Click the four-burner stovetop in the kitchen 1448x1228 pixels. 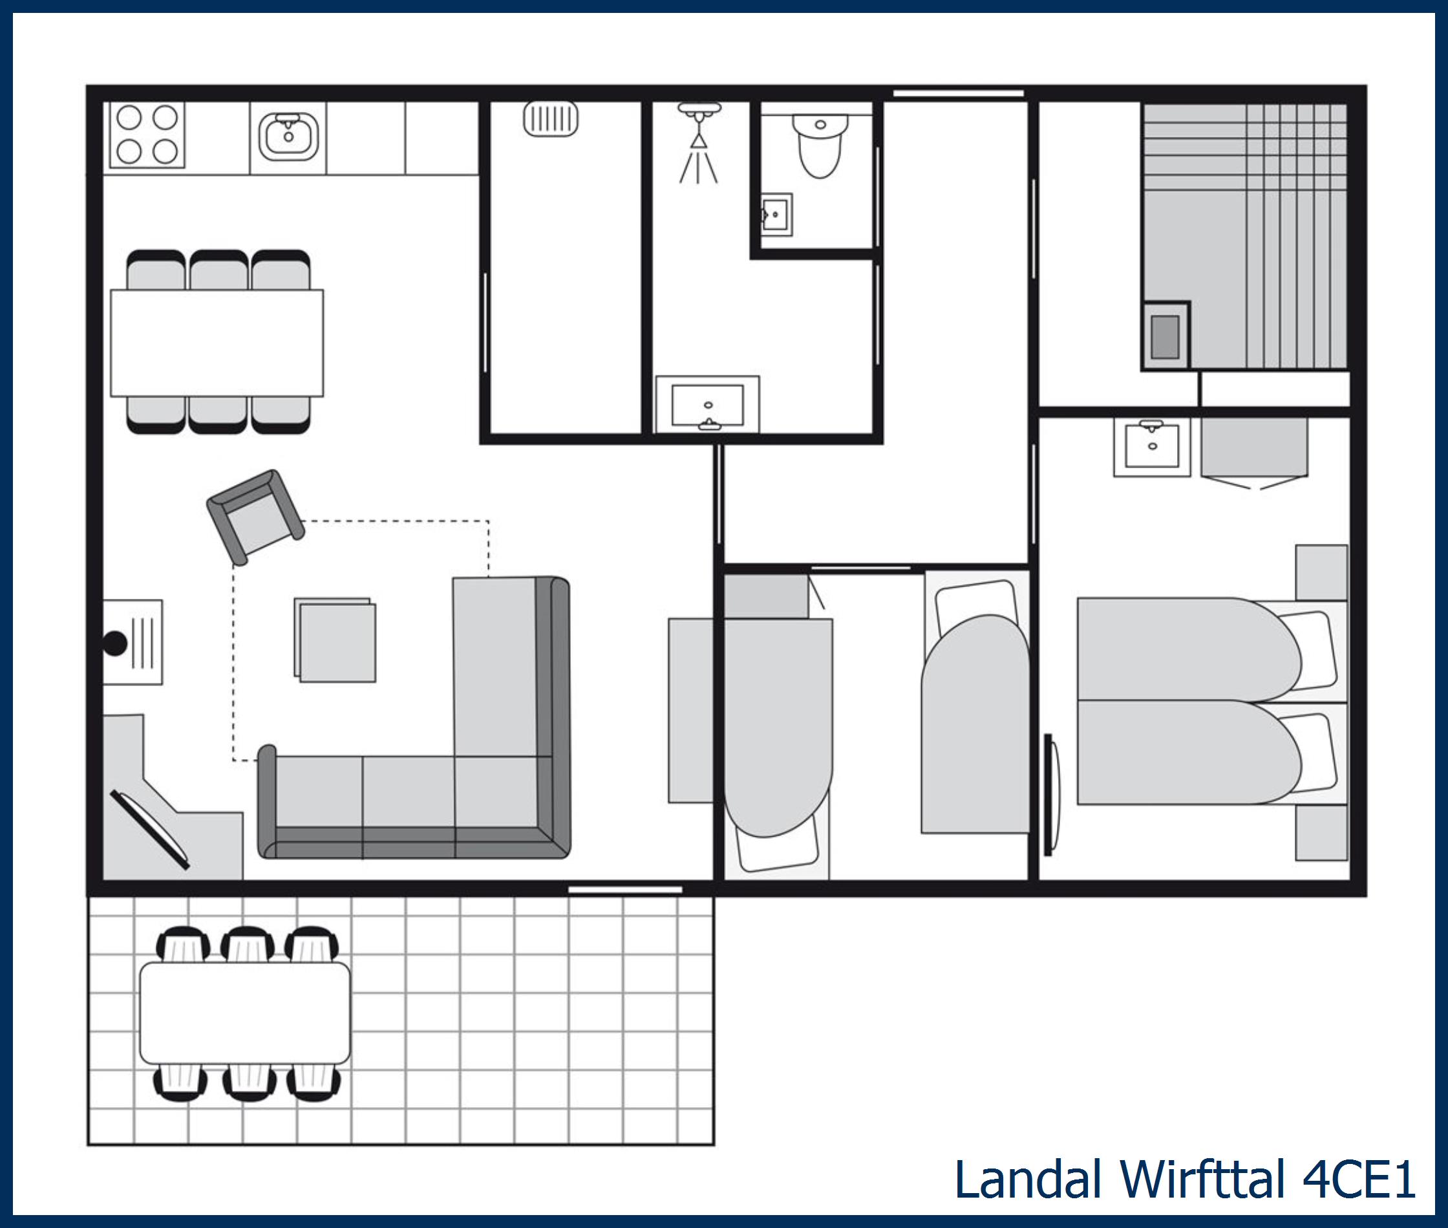(146, 135)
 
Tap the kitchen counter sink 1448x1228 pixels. (288, 136)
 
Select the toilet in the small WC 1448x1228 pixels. (820, 145)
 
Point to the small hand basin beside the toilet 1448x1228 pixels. (775, 215)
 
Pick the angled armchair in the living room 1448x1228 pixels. (255, 516)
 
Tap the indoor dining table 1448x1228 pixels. (217, 343)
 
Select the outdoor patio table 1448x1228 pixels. (245, 1013)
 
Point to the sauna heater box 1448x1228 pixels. (1166, 336)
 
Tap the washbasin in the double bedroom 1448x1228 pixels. (1151, 446)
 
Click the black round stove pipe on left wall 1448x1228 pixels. (115, 643)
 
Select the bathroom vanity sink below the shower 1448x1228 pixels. (708, 405)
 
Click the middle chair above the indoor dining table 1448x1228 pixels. (218, 270)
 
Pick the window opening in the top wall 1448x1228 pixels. (958, 92)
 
